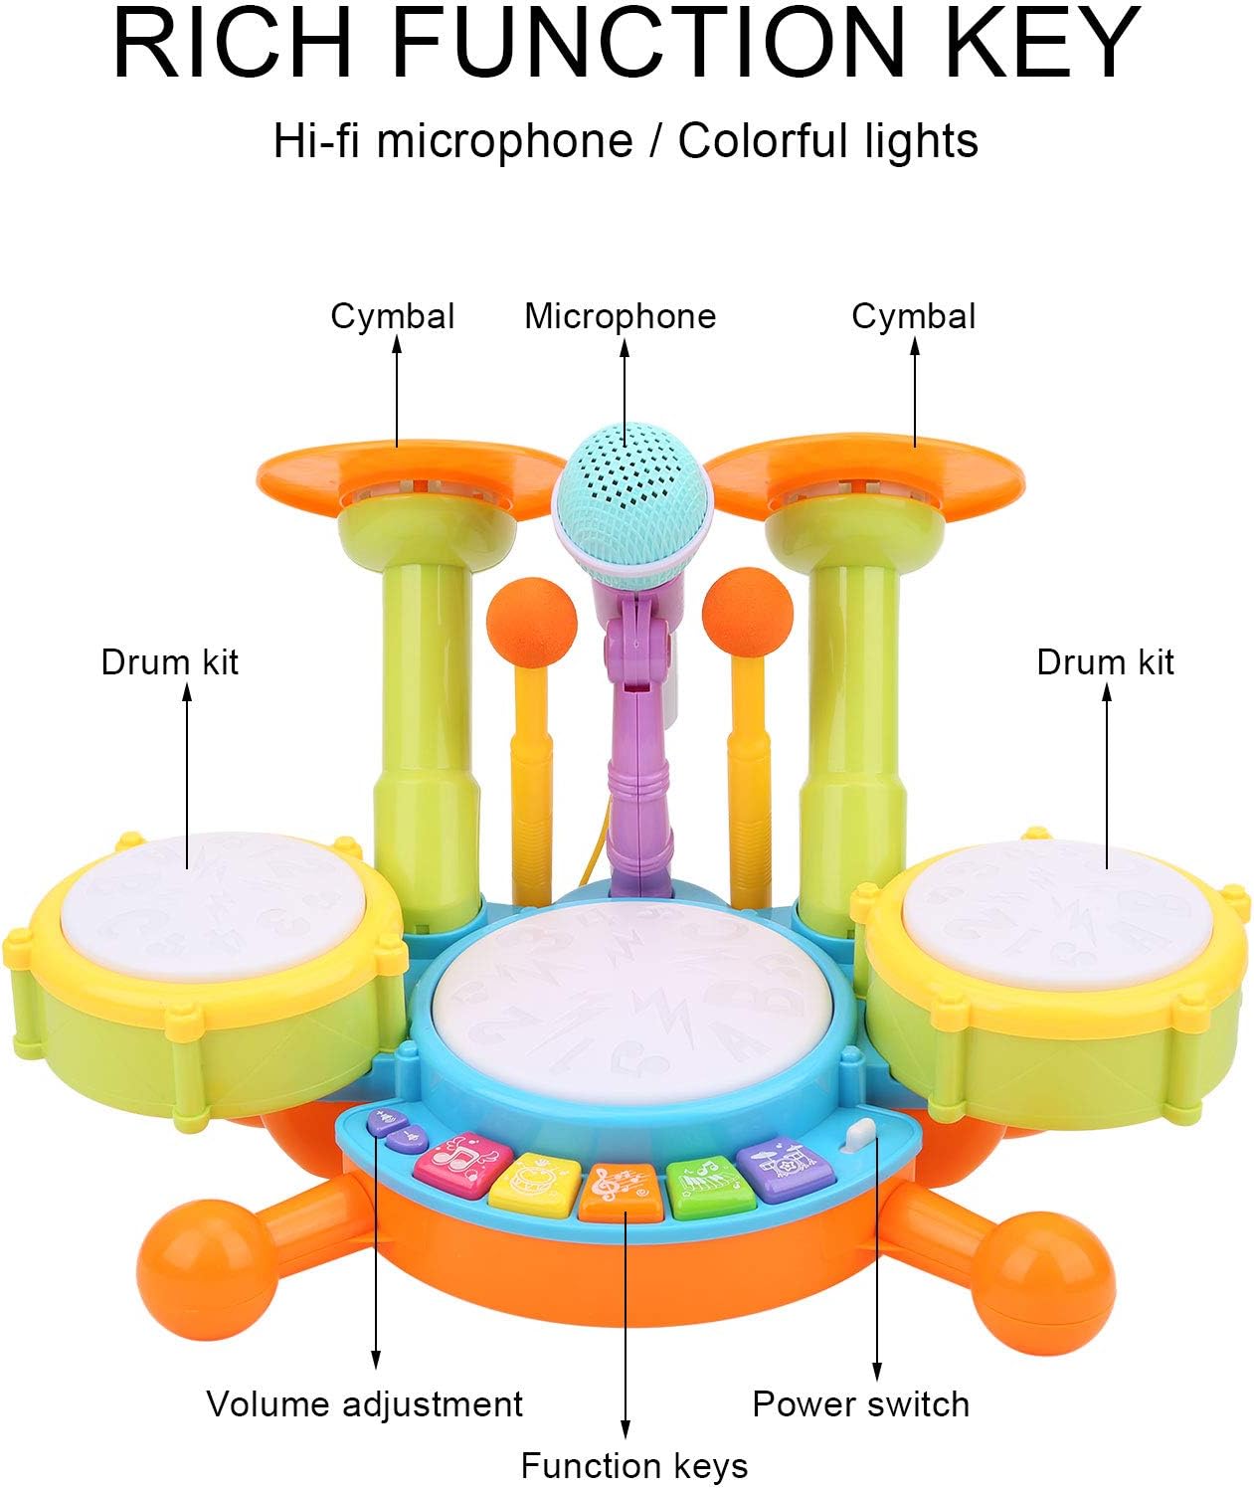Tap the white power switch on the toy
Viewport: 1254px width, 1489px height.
[x=857, y=1137]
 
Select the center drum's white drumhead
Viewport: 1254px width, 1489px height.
[x=636, y=995]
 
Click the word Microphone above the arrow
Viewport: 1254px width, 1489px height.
[x=620, y=316]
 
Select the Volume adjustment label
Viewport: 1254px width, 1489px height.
[x=364, y=1403]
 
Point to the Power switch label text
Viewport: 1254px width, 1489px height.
[x=860, y=1403]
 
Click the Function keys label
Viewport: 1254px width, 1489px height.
[x=633, y=1465]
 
